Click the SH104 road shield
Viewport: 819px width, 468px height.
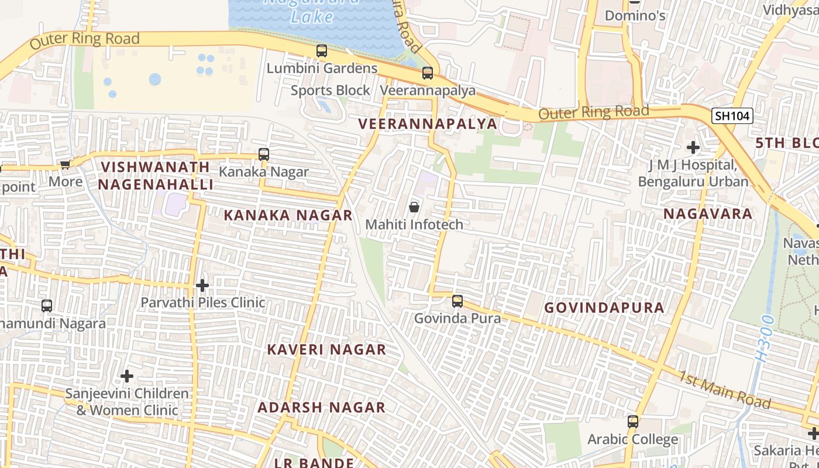tap(732, 116)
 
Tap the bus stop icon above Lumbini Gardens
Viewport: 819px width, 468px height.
tap(322, 51)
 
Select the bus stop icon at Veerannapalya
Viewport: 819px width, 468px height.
tap(428, 73)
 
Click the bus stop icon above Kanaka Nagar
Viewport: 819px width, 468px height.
tap(264, 154)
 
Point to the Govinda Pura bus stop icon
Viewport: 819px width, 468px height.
tap(457, 301)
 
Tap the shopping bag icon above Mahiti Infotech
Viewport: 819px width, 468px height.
tap(414, 207)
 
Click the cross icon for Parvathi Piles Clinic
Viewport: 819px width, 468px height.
tap(202, 285)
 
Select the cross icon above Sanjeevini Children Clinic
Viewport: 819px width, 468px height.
tap(127, 376)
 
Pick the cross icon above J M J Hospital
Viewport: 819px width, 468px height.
tap(693, 147)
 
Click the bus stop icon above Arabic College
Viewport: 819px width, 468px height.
tap(632, 422)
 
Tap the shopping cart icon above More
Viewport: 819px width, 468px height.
tap(66, 165)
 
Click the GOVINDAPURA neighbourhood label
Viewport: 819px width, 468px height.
tap(604, 308)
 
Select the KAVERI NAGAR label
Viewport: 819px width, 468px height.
tap(326, 349)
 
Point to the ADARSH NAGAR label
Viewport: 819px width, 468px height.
tap(321, 407)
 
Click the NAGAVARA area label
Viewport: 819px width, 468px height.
tap(708, 214)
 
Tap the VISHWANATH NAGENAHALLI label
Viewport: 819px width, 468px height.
tap(155, 175)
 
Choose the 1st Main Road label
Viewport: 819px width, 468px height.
tap(724, 389)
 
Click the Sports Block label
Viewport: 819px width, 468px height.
tap(331, 90)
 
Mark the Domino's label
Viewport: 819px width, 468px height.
tap(635, 15)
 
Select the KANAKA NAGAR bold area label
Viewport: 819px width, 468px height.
tap(288, 215)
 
